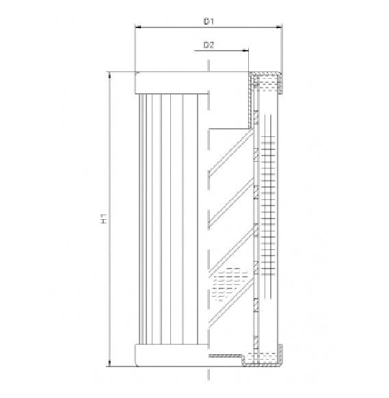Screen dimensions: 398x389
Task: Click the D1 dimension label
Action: coord(210,21)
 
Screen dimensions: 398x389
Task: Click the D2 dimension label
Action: coord(210,45)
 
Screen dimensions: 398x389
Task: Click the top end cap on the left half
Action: coord(171,82)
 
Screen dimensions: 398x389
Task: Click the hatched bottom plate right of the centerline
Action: coord(226,356)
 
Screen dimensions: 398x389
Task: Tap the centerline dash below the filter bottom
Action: coord(207,375)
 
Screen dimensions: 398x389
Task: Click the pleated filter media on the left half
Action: coord(171,219)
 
